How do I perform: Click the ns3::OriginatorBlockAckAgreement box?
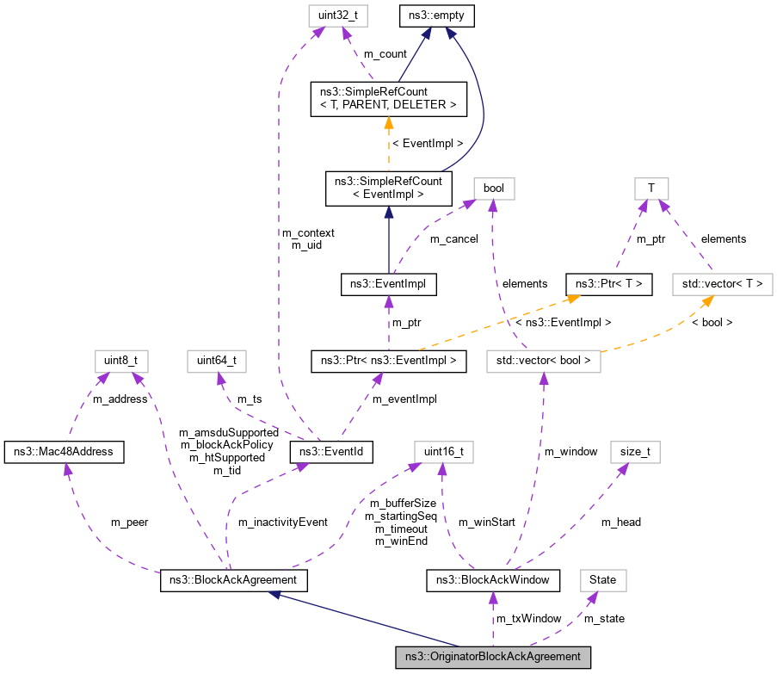click(x=493, y=657)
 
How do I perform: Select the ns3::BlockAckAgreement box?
click(x=233, y=580)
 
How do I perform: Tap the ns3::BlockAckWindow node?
click(x=493, y=580)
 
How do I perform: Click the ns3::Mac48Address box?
click(x=65, y=451)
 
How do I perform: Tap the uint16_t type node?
click(x=443, y=451)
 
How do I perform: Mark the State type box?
click(x=602, y=580)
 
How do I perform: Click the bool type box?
click(x=494, y=188)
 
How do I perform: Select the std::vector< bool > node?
click(x=543, y=361)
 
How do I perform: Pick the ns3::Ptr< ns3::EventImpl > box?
click(x=388, y=361)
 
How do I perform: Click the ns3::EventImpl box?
click(x=388, y=282)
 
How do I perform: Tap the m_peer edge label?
click(x=129, y=523)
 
